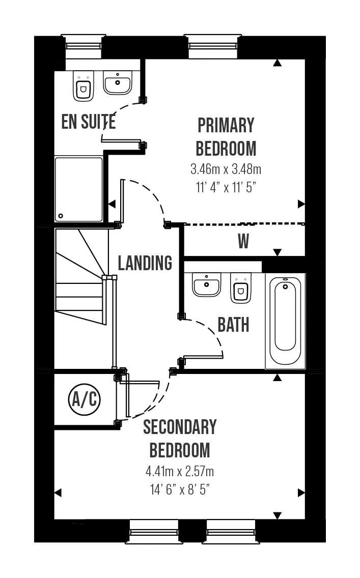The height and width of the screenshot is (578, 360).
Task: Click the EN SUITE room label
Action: point(88,122)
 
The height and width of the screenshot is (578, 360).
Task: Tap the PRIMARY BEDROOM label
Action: point(226,136)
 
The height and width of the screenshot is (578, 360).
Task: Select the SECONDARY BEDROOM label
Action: point(179,439)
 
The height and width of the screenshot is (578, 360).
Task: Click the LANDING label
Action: point(145,263)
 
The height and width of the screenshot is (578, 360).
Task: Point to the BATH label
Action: point(234,325)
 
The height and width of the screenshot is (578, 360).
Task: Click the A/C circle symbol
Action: point(85,400)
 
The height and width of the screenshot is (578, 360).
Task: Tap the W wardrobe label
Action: point(243,242)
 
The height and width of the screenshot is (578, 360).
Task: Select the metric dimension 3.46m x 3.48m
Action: point(226,168)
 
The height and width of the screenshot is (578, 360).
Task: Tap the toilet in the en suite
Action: point(83,87)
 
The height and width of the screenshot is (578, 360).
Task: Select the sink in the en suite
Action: point(118,82)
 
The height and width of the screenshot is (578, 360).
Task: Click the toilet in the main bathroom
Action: point(240,288)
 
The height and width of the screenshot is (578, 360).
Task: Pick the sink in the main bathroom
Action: point(206,285)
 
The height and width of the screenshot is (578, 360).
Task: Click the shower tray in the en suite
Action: point(78,189)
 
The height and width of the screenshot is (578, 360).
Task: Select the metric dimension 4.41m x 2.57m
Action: point(179,471)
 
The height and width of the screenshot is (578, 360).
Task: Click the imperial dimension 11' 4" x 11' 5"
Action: point(226,186)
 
